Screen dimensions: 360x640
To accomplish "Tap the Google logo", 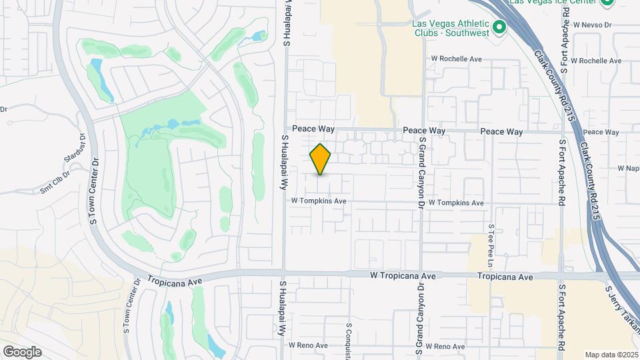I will click(x=22, y=352).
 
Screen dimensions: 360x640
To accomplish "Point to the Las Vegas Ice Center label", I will click(x=553, y=2).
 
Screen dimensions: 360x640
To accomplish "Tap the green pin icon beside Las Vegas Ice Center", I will click(x=607, y=2).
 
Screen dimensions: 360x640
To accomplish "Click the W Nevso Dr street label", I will click(x=587, y=25).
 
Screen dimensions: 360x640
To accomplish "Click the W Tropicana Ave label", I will click(x=403, y=275).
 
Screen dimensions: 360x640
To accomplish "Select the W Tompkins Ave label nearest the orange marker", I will click(x=319, y=201).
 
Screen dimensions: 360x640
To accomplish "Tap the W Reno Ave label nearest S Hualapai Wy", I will click(x=308, y=345).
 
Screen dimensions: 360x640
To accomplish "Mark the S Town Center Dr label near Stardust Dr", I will click(x=94, y=190).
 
